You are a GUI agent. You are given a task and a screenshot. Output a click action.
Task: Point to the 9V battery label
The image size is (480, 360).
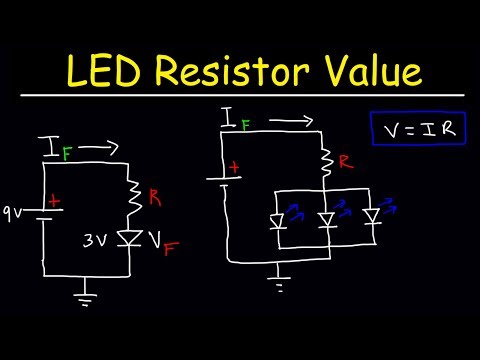tap(16, 211)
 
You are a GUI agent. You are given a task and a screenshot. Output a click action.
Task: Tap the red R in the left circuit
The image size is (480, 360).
tap(155, 197)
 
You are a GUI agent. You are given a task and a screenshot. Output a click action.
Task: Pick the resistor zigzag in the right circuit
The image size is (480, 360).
tap(325, 160)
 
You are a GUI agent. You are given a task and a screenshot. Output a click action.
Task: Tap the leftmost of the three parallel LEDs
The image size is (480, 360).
tap(278, 217)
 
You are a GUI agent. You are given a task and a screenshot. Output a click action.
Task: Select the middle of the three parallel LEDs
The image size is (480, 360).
tap(326, 217)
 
